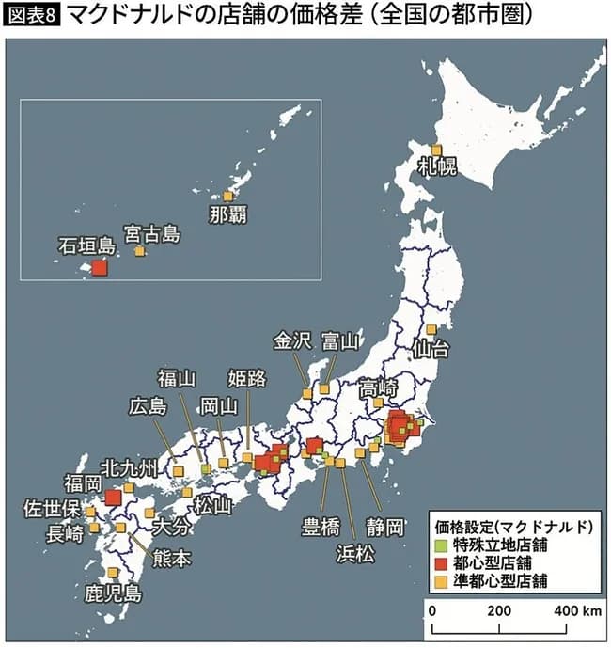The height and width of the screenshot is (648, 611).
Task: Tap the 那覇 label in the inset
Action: tap(228, 213)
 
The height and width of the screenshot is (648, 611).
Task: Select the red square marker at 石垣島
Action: tap(100, 268)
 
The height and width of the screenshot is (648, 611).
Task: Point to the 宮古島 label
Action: tap(151, 233)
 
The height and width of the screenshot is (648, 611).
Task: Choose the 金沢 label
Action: tap(291, 340)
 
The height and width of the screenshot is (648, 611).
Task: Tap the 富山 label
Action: tap(340, 340)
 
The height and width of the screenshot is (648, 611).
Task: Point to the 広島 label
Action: tap(149, 406)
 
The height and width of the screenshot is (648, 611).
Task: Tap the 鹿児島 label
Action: tap(113, 593)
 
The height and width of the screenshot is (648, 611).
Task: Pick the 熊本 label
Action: tap(171, 558)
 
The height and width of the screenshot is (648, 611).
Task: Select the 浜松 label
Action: tap(355, 553)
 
